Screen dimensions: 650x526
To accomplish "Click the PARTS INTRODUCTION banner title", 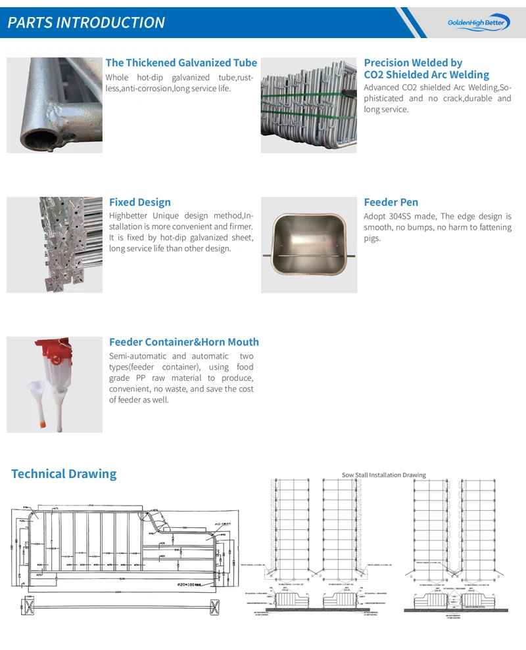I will (x=86, y=22).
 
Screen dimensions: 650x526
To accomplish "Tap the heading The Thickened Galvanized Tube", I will (x=181, y=62).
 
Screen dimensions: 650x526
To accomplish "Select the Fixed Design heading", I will (x=139, y=202).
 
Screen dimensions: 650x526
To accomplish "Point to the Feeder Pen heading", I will (x=391, y=202).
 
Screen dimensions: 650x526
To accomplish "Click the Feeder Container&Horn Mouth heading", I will (x=183, y=341).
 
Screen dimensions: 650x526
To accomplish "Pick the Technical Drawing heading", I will (x=64, y=473).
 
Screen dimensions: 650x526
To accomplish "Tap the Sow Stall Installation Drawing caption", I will (x=383, y=475).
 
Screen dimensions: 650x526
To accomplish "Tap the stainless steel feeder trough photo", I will (x=308, y=245).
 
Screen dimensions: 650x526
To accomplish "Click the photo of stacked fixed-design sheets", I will (x=55, y=244).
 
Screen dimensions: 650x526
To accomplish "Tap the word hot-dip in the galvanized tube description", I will (x=151, y=77).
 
